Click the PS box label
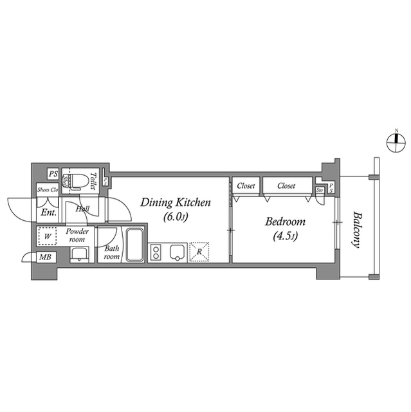click(53, 174)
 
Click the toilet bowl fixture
click(78, 180)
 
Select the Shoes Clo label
click(48, 190)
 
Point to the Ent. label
click(48, 212)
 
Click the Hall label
click(82, 209)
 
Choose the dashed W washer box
click(47, 236)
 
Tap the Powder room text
click(77, 234)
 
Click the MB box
click(46, 258)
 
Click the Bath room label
click(112, 253)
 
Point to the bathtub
click(135, 245)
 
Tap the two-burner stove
click(158, 252)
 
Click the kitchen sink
click(178, 252)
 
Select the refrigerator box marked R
click(199, 252)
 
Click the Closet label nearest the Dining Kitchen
click(246, 186)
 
